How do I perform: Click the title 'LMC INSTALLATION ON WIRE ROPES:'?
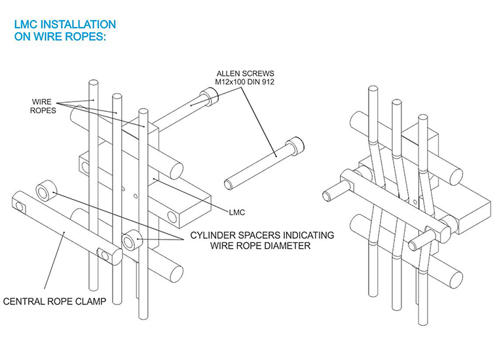(65, 31)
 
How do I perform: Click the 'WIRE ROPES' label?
(43, 106)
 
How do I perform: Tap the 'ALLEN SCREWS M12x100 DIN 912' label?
(245, 78)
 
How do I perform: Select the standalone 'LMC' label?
(236, 212)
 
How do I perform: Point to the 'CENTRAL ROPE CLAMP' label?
(54, 301)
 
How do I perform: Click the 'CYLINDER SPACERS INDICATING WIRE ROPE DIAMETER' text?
(262, 240)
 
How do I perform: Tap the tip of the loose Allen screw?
(228, 185)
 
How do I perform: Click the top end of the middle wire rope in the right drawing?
(396, 103)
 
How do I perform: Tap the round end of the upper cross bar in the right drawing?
(453, 176)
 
